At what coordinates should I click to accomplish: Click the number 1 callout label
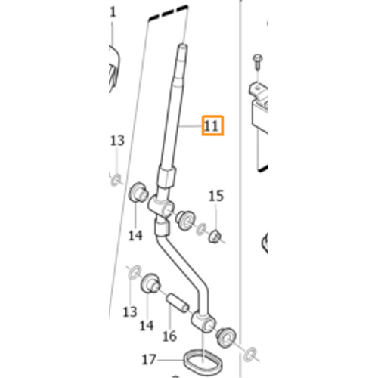113,12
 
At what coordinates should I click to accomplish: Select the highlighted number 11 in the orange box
211,126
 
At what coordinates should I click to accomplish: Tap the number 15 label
216,196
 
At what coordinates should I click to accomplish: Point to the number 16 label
169,336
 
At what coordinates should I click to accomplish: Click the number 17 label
149,360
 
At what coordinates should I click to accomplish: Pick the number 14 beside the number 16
147,326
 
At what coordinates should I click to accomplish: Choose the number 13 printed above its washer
117,141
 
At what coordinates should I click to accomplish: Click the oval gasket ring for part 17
203,361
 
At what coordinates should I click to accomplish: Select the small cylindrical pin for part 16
177,302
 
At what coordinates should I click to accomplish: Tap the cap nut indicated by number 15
215,237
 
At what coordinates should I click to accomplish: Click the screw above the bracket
258,61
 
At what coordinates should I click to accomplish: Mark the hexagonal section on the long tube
166,175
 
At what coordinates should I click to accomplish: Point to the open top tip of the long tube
183,47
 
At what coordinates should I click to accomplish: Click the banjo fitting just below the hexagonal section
161,206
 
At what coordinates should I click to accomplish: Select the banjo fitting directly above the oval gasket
203,323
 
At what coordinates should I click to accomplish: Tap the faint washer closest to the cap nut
201,228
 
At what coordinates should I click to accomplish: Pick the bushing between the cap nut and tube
185,220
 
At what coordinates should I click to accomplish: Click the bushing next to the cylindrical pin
150,283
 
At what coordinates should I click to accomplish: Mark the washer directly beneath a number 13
116,180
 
